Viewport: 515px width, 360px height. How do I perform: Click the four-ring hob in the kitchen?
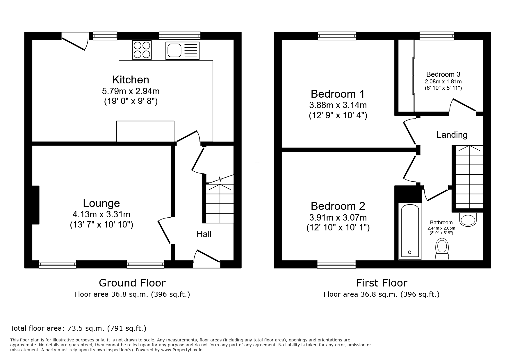pos(142,50)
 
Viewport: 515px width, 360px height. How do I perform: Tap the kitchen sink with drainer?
pos(182,51)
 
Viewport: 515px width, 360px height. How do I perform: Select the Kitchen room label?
pos(131,80)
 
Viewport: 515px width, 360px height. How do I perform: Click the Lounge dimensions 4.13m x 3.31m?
pos(101,214)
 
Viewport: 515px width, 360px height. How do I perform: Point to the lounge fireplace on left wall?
pos(35,205)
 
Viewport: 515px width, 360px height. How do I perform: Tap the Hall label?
pos(204,234)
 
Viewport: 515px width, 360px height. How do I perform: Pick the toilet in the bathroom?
pos(442,249)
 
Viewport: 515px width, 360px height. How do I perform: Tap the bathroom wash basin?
pos(468,219)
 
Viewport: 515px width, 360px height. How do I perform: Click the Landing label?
pos(452,135)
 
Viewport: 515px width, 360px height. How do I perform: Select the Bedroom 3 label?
pos(443,74)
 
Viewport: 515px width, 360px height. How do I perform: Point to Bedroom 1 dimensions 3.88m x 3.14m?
pos(338,105)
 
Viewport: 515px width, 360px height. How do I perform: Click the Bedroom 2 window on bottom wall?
pos(336,264)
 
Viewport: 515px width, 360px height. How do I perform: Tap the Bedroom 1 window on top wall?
pos(337,36)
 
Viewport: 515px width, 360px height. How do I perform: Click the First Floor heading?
pos(382,283)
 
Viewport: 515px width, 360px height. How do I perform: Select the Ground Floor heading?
pos(132,283)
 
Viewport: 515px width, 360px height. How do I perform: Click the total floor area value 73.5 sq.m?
pos(78,328)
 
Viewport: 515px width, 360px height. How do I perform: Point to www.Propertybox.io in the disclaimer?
pos(182,350)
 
